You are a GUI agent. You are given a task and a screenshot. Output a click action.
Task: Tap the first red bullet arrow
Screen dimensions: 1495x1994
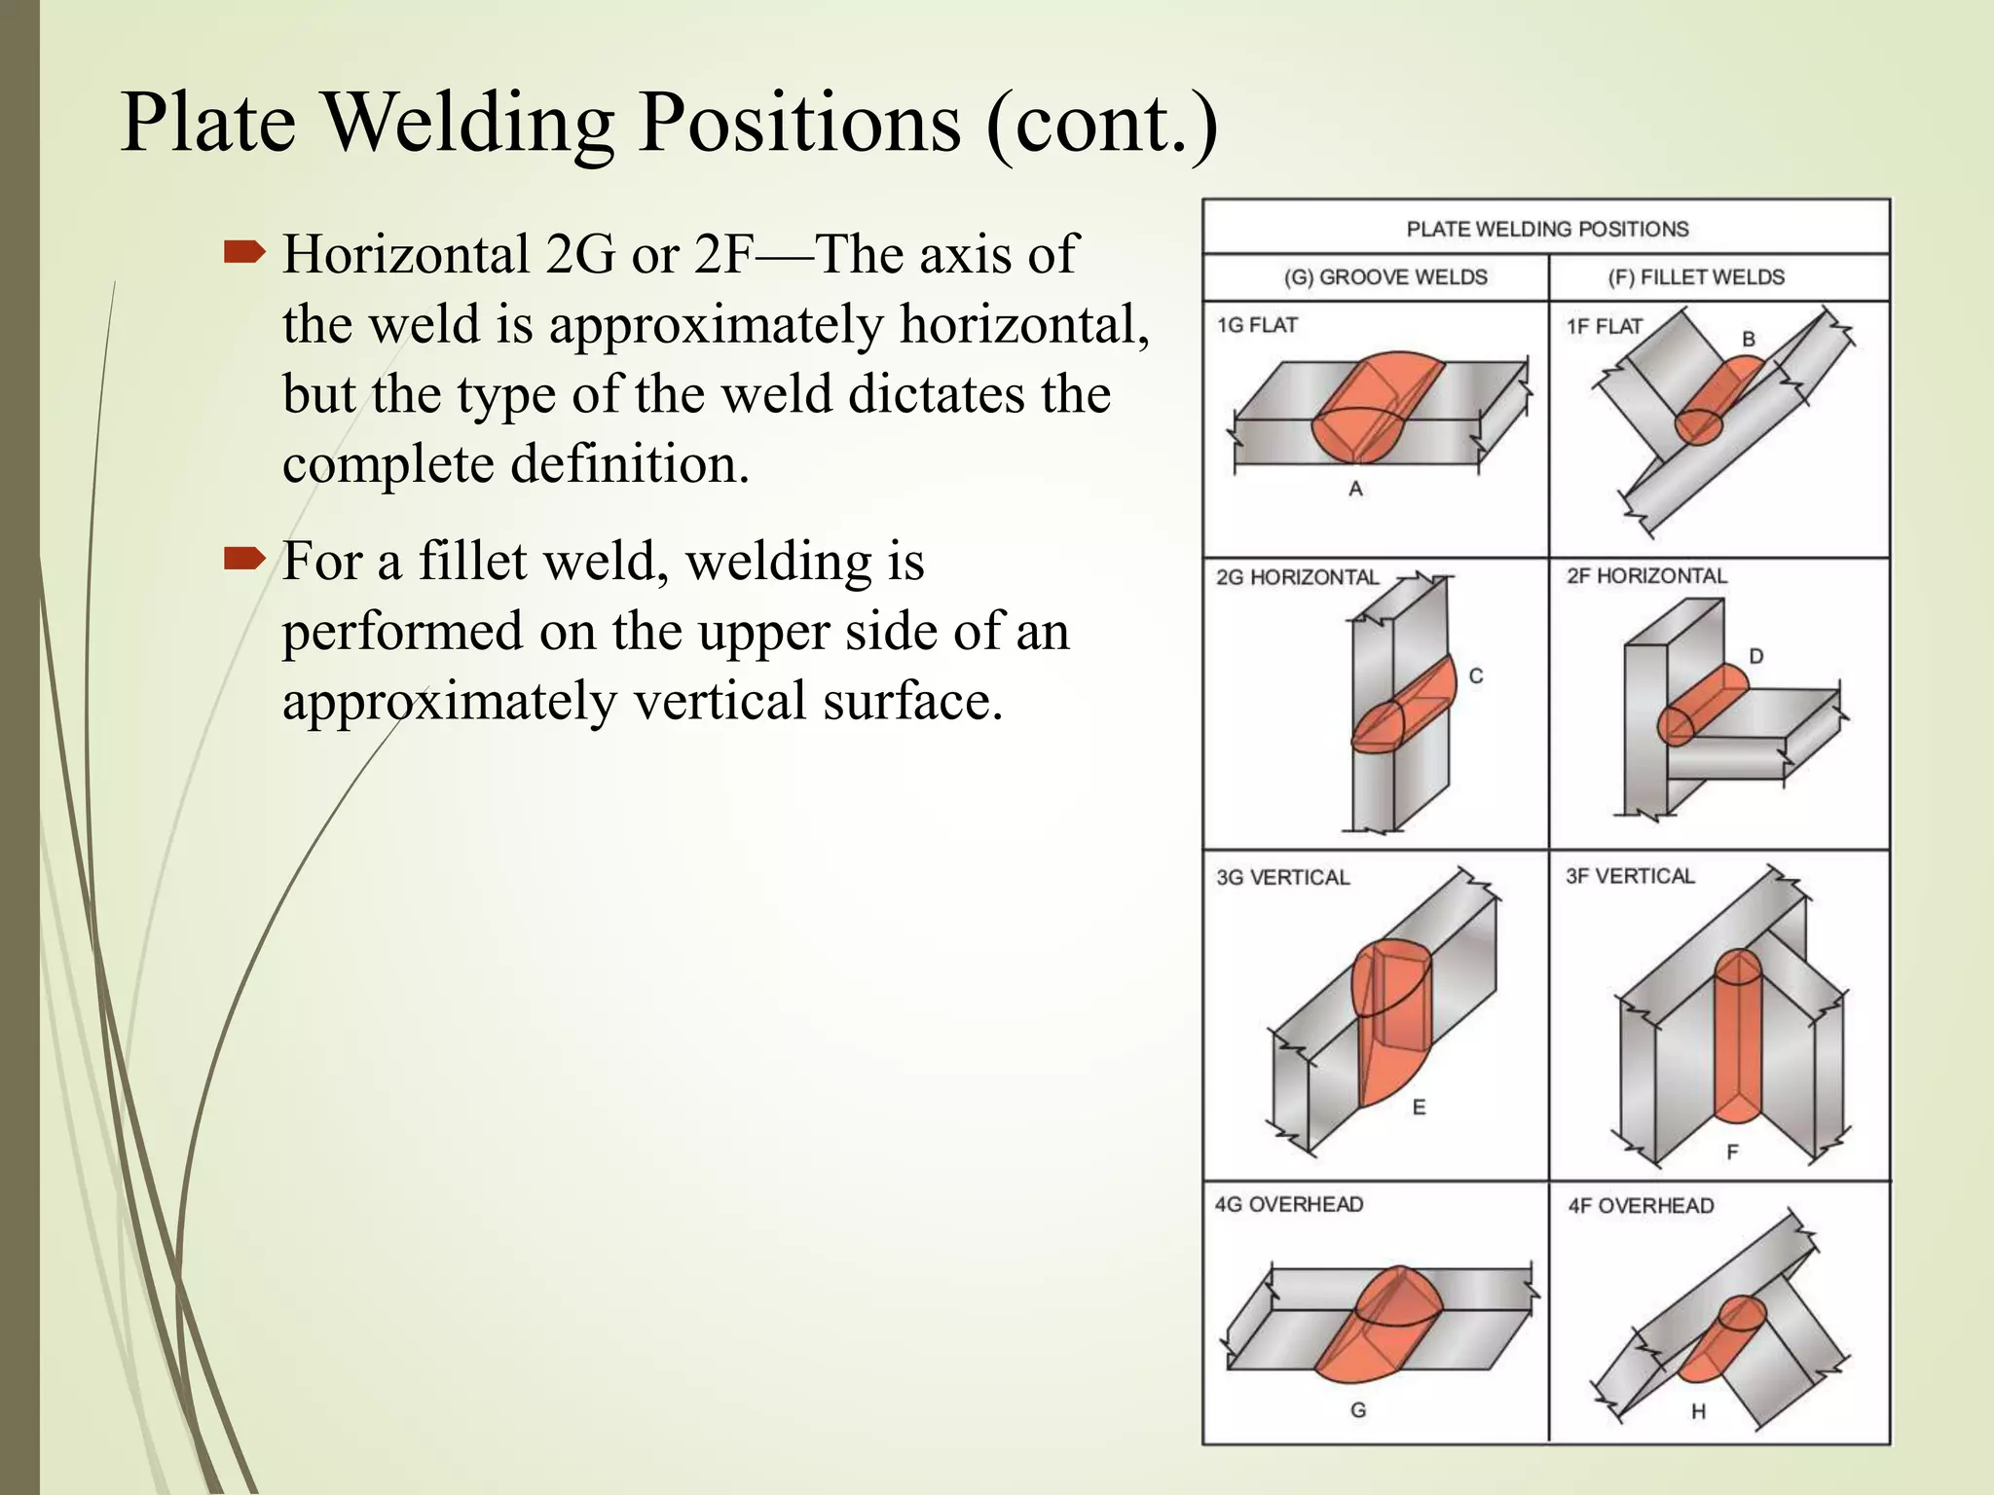pos(244,254)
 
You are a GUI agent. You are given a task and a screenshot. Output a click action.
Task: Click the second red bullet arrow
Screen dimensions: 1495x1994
pos(244,560)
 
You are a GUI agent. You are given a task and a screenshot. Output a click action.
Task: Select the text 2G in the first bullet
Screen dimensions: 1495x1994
pos(580,255)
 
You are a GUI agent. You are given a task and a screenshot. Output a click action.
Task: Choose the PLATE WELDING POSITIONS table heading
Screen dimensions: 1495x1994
pos(1546,230)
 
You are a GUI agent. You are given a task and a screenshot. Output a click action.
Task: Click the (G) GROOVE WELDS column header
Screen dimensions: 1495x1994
pos(1385,277)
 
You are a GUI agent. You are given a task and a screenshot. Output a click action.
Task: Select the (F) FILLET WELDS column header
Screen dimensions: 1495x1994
pos(1695,277)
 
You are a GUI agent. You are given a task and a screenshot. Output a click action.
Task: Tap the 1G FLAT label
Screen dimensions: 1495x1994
pos(1256,326)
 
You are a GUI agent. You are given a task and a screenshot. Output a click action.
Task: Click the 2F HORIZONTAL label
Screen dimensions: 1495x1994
pos(1645,576)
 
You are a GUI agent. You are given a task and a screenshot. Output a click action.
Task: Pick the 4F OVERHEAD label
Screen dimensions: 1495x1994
pos(1641,1206)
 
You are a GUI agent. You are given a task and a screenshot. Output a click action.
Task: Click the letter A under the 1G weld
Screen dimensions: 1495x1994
pos(1355,490)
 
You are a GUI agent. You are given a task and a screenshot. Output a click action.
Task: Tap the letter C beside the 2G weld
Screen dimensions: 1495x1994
pos(1476,675)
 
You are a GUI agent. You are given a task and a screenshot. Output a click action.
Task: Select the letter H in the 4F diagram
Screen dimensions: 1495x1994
pos(1698,1411)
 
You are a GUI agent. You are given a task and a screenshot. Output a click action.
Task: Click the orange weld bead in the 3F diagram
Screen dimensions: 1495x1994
pos(1737,1041)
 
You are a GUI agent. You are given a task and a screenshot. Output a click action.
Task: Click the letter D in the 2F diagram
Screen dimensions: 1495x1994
pos(1755,656)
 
